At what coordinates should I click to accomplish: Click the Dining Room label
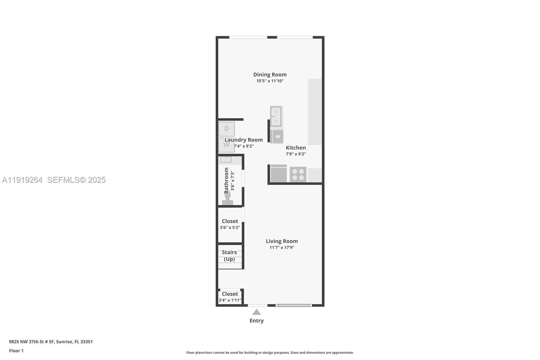tap(270, 75)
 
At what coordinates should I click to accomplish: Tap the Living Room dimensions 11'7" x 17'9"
tap(282, 248)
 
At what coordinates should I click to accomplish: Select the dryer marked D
tap(226, 129)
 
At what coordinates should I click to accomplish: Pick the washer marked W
tap(226, 145)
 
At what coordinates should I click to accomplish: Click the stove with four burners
tap(298, 174)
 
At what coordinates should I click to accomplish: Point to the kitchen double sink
tap(276, 116)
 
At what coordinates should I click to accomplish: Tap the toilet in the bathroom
tap(227, 199)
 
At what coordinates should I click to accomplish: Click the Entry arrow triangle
tap(256, 312)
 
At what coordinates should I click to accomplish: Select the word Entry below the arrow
tap(256, 321)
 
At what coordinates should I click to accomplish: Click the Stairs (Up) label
tap(230, 256)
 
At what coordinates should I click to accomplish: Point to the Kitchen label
tap(296, 148)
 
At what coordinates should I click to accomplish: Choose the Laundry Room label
tap(244, 140)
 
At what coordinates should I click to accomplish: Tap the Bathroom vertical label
tap(226, 181)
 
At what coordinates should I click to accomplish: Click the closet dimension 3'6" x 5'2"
tap(230, 228)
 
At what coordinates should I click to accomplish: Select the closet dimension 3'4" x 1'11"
tap(230, 300)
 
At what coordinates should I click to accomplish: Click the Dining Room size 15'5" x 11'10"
tap(270, 81)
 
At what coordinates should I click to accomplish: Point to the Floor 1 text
tap(16, 351)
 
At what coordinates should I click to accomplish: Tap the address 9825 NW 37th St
tap(51, 341)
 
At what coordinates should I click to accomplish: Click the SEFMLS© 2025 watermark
tap(76, 180)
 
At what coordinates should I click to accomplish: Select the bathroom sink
tap(226, 159)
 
